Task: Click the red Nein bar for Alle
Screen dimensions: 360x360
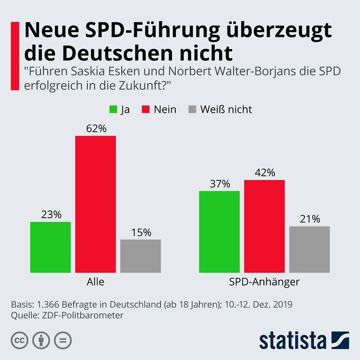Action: point(95,204)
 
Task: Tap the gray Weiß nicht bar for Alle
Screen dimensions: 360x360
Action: point(140,256)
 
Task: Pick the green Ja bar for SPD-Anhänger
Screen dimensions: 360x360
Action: point(219,232)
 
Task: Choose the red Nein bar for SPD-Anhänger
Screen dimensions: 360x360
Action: point(264,226)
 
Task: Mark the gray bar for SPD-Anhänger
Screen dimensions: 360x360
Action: point(309,249)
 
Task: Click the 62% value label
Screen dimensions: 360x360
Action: point(96,128)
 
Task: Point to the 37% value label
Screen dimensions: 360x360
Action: point(219,184)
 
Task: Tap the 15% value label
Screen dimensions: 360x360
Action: point(141,232)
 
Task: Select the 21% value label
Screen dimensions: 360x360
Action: point(310,219)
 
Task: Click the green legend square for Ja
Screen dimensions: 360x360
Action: point(113,109)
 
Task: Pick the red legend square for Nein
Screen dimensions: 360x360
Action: point(146,109)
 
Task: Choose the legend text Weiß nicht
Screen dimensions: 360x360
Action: point(226,109)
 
